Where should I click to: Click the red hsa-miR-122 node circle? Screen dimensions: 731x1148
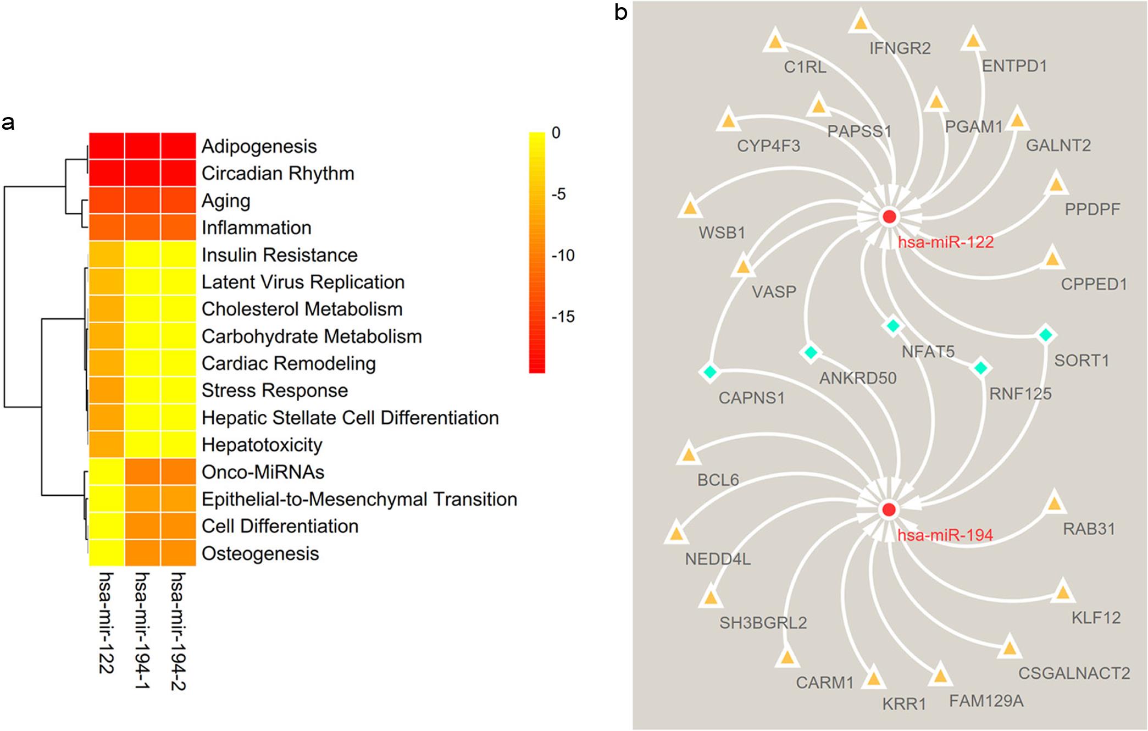(889, 217)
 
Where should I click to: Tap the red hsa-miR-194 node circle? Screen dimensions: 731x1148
(889, 510)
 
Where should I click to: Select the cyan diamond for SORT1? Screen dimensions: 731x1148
(1045, 335)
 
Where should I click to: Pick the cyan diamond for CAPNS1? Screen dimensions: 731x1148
(709, 372)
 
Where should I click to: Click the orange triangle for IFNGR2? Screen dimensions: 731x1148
(861, 23)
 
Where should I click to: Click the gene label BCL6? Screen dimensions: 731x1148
(718, 480)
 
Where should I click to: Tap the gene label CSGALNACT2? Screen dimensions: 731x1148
(1074, 673)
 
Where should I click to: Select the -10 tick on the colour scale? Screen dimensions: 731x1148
(563, 256)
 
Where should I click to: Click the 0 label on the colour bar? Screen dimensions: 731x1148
(556, 133)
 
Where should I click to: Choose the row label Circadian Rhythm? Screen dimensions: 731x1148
(278, 174)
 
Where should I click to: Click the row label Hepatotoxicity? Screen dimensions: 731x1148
(262, 445)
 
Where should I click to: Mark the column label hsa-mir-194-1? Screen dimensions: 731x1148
(142, 630)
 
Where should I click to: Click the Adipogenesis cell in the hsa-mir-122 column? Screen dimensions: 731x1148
(107, 146)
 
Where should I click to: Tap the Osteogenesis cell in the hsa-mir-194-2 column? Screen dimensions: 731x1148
(178, 553)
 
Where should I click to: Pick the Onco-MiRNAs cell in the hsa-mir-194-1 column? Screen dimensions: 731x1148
(142, 472)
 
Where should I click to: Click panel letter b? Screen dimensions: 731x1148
(620, 12)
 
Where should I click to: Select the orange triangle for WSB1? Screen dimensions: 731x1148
(689, 208)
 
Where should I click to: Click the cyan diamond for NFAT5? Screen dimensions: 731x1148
(893, 326)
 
